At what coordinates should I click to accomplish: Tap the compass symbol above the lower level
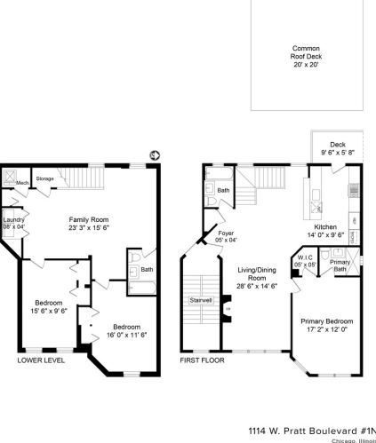pyautogui.click(x=154, y=155)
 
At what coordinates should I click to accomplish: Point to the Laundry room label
pyautogui.click(x=13, y=223)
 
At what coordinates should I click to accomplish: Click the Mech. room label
pyautogui.click(x=22, y=182)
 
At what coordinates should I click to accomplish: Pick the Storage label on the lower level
pyautogui.click(x=44, y=178)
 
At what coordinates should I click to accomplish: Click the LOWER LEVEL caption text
pyautogui.click(x=41, y=360)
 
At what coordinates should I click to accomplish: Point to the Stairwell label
pyautogui.click(x=200, y=300)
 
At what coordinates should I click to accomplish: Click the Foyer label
pyautogui.click(x=226, y=236)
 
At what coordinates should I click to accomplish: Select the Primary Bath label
pyautogui.click(x=340, y=265)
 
